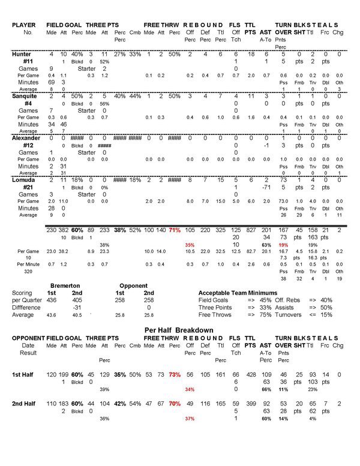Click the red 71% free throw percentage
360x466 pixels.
point(175,230)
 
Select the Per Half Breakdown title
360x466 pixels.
point(179,330)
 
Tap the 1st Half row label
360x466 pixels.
point(24,374)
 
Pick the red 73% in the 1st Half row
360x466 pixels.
point(175,374)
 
